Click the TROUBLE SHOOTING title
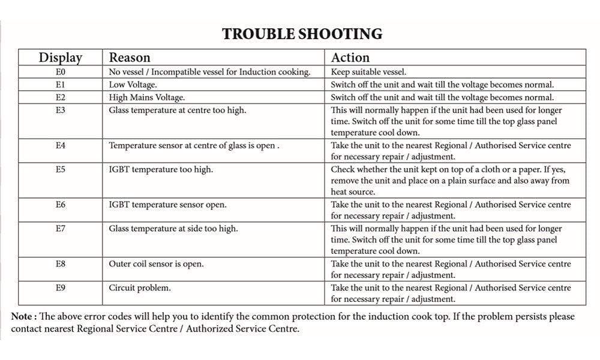click(302, 34)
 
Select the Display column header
click(60, 58)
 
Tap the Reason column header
click(130, 58)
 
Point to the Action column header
click(350, 58)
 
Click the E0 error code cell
click(60, 72)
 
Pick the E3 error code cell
click(60, 110)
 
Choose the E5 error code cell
click(60, 170)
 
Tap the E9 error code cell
click(60, 288)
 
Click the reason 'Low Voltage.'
click(133, 85)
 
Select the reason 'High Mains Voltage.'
click(147, 97)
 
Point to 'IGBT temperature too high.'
click(161, 170)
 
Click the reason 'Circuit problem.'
click(140, 288)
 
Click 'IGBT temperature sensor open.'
click(167, 205)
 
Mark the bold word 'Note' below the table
click(23, 317)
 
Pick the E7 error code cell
click(60, 229)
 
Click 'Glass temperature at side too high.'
click(173, 229)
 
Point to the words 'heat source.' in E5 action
click(353, 192)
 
